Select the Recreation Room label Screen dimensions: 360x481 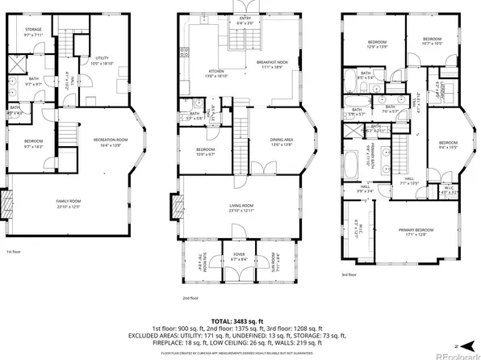[106, 141]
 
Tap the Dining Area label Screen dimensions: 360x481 [282, 142]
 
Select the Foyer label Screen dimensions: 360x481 [240, 257]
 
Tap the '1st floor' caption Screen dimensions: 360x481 [14, 252]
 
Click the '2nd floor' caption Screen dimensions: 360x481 [191, 298]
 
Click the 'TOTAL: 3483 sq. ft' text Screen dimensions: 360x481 [240, 321]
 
